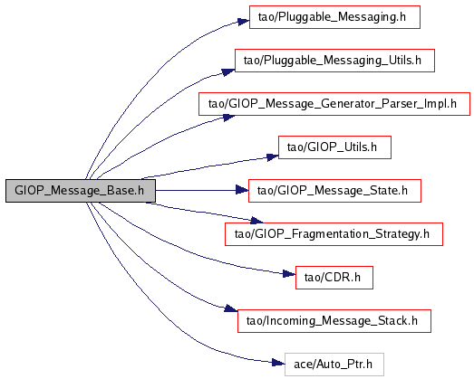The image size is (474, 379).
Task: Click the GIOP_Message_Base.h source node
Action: (81, 191)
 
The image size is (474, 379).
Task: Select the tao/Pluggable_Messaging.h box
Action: (334, 17)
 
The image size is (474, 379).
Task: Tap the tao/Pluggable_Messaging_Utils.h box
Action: (334, 61)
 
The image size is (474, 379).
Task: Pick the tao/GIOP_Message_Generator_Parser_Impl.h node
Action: (334, 104)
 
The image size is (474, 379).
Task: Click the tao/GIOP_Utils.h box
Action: (334, 147)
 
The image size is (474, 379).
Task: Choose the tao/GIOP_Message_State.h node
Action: (334, 191)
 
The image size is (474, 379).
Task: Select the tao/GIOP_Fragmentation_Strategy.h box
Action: (334, 234)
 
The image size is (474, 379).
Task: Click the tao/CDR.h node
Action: (334, 278)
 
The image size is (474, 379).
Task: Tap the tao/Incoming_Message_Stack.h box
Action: (334, 321)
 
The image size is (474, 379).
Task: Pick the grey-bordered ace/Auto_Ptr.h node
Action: (334, 365)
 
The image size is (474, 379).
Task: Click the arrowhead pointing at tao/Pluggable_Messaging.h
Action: (244, 22)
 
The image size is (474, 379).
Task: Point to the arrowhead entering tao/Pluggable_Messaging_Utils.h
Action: (228, 72)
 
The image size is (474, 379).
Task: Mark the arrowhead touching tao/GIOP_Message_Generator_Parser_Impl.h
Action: (229, 118)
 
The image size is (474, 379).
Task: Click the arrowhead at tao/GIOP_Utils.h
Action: (273, 156)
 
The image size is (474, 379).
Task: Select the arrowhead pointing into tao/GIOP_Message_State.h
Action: (242, 190)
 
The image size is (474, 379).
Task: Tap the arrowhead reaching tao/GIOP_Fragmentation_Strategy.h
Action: (257, 222)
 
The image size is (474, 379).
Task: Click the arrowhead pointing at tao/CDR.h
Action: (289, 274)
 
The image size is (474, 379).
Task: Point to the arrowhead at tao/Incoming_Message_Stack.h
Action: (231, 308)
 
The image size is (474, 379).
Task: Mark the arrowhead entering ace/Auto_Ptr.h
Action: (278, 363)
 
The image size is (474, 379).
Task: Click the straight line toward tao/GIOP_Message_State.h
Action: (196, 191)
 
